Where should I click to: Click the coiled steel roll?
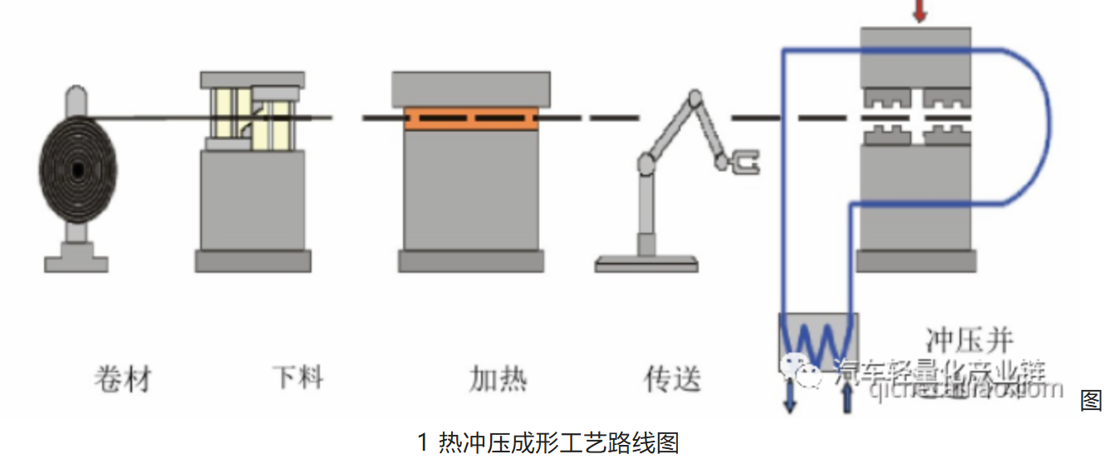tap(77, 170)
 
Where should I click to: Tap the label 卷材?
tap(123, 379)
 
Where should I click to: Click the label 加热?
tap(498, 379)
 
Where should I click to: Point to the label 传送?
tap(672, 379)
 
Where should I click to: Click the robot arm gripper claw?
tap(744, 163)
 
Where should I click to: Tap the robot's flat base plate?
tap(646, 264)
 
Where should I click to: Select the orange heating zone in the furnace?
tap(471, 118)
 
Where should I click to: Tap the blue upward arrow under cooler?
tap(847, 399)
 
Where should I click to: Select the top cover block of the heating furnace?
tap(471, 88)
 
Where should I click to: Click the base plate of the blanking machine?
tap(253, 261)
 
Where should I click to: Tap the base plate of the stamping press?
tap(916, 260)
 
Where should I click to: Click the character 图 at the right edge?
tap(1091, 400)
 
